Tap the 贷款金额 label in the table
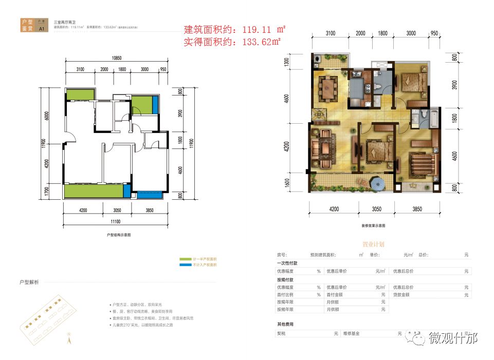pos(401,295)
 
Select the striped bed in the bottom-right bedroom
pos(423,164)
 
